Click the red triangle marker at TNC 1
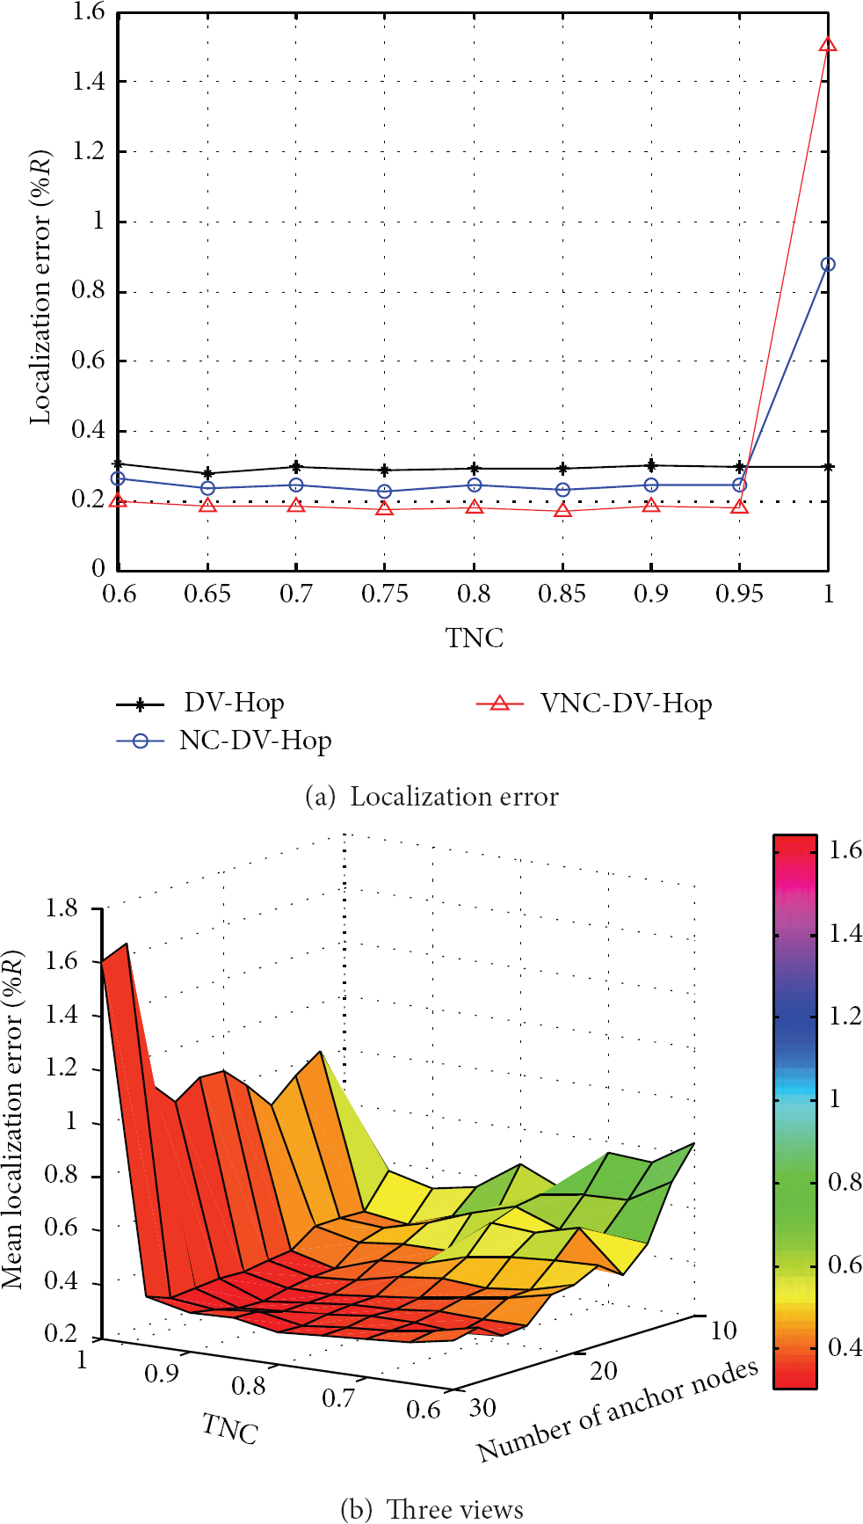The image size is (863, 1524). tap(827, 44)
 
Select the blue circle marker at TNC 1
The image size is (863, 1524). tap(827, 264)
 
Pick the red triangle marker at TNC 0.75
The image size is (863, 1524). tap(385, 507)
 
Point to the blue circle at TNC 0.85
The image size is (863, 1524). tap(562, 489)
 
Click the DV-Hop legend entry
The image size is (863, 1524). tap(200, 704)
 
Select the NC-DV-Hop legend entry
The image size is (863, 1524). tap(224, 741)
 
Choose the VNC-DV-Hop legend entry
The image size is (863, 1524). tap(594, 704)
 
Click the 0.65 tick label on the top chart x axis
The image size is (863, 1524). tap(207, 594)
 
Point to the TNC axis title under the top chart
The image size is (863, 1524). tap(475, 637)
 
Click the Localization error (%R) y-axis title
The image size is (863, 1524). tap(41, 287)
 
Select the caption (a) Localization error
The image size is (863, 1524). tap(431, 797)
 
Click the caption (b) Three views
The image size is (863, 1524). tap(431, 1509)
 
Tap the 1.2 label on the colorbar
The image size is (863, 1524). tap(845, 1016)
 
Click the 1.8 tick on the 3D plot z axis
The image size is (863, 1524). tap(62, 908)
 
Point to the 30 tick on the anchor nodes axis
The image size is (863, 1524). tap(482, 1407)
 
